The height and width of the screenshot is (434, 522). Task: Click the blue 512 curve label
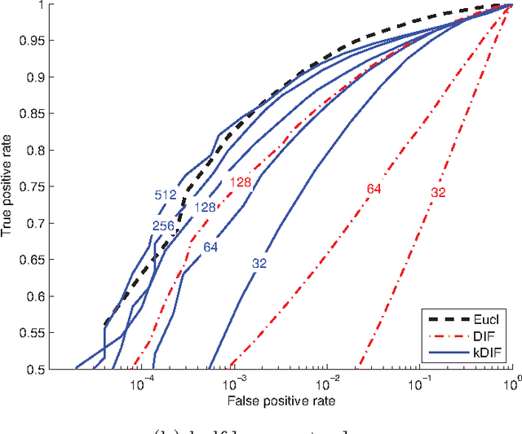166,195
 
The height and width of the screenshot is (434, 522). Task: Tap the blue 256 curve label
162,226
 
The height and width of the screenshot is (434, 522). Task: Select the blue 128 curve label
205,208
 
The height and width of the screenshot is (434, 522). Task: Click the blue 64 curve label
210,247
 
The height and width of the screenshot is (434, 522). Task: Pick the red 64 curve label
374,189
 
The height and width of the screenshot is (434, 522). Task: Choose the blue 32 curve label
259,263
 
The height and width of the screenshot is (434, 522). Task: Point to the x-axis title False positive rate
281,401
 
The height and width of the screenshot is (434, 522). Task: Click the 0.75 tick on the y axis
35,187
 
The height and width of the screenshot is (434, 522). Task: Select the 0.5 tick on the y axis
38,370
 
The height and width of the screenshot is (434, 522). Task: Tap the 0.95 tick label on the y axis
35,41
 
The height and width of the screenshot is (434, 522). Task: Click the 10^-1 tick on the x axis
420,383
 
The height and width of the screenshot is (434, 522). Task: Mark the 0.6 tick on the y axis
38,296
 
